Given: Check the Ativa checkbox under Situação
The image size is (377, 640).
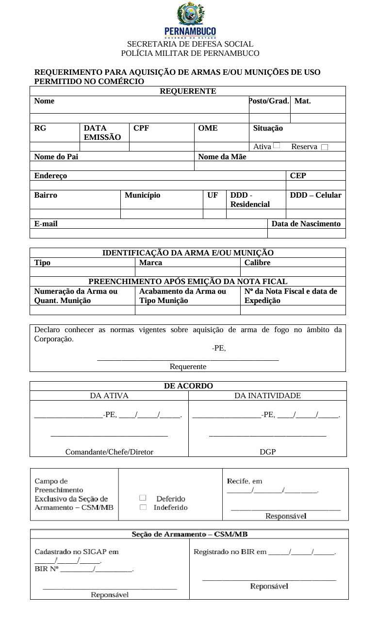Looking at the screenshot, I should click(276, 145).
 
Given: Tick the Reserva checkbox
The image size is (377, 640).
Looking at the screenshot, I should click(324, 147).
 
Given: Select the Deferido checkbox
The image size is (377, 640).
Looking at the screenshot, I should click(143, 498).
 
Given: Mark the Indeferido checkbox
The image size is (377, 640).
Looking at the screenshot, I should click(143, 507).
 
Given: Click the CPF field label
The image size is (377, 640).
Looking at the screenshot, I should click(141, 128).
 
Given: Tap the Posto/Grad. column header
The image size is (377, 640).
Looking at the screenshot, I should click(269, 101).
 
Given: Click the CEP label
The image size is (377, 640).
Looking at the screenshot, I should click(298, 176).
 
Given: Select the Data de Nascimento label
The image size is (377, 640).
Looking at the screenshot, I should click(306, 224).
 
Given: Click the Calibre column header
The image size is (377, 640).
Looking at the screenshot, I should click(257, 263).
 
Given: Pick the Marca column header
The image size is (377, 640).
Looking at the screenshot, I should click(150, 263).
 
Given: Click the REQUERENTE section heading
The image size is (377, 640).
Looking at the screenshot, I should click(188, 91).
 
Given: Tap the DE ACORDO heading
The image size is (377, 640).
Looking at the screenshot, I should click(188, 386).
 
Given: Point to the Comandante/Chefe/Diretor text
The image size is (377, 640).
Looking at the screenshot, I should click(109, 452).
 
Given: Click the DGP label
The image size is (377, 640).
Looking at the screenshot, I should click(267, 452).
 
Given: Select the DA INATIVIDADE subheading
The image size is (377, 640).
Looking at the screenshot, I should click(267, 396).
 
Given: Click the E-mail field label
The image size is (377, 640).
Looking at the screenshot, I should click(46, 224).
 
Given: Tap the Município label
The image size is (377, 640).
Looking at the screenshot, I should click(142, 195).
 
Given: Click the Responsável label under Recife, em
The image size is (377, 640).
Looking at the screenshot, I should click(286, 516).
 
